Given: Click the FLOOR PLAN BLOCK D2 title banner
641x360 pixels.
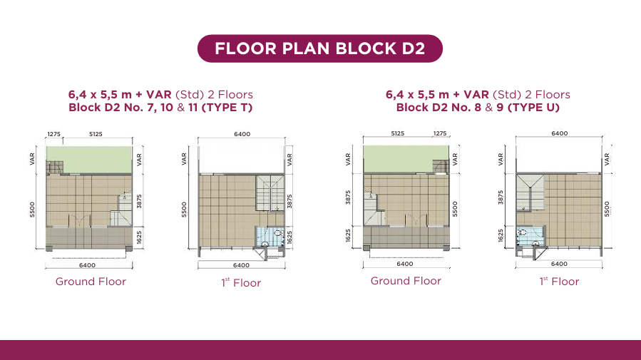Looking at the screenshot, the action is click(319, 48).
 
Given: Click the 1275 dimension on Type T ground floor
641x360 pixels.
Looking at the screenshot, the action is click(53, 134).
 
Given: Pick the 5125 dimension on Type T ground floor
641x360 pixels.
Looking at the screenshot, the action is click(96, 134).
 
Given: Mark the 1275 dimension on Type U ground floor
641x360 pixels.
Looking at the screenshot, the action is click(440, 133).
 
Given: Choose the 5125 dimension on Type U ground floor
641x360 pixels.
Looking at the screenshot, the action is click(397, 133).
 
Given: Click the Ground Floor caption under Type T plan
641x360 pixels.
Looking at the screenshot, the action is click(91, 282).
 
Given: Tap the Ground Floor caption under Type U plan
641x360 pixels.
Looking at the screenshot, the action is click(406, 281).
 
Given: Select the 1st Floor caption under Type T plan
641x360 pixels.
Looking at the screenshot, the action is click(241, 282).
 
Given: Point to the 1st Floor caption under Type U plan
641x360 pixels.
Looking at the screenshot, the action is click(559, 281).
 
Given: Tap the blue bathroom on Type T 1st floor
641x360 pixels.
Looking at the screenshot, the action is click(270, 237).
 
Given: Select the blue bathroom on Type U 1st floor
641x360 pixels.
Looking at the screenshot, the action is click(530, 236).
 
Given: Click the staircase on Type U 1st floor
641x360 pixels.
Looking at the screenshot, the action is click(530, 192).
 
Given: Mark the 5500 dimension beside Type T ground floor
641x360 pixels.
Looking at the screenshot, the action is click(32, 210).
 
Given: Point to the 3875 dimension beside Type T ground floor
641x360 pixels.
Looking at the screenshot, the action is click(139, 201).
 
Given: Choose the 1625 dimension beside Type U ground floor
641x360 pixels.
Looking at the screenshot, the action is click(348, 235).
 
